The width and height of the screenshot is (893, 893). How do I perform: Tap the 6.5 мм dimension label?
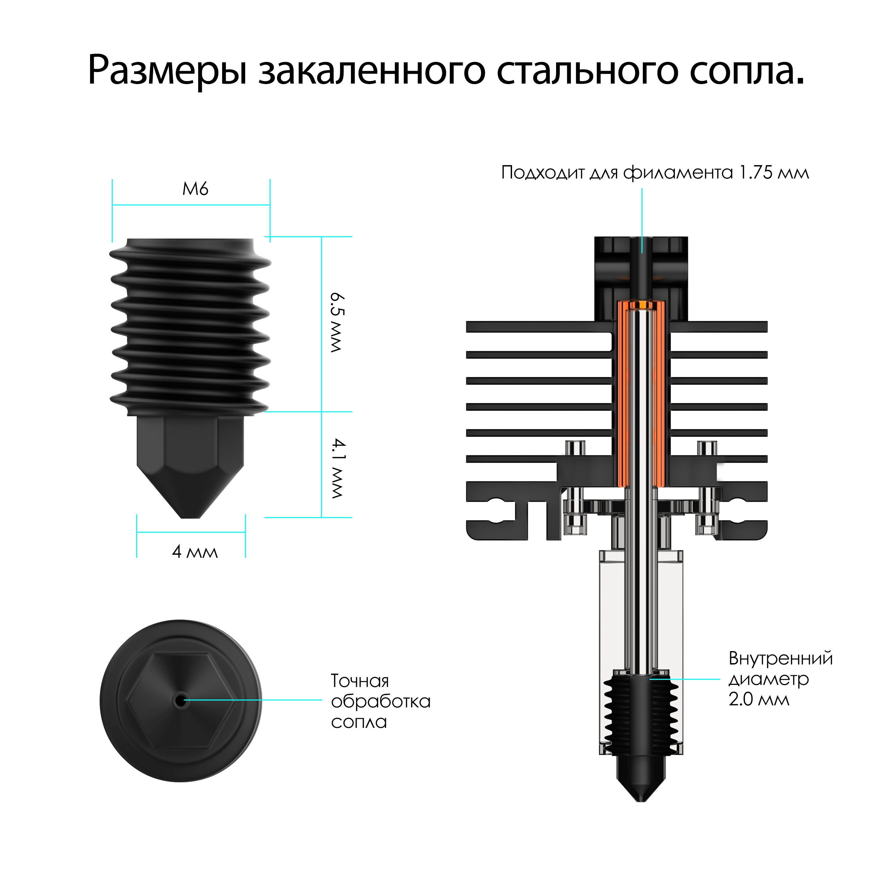(337, 322)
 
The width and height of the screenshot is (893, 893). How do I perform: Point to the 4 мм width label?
(194, 552)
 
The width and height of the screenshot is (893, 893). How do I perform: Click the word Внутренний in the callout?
(780, 658)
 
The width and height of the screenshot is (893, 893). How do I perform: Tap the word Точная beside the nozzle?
(360, 681)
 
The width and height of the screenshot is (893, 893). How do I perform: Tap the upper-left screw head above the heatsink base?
(575, 447)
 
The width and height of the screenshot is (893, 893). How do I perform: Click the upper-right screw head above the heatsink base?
(707, 447)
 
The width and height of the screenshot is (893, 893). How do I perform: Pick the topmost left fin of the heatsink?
(538, 327)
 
